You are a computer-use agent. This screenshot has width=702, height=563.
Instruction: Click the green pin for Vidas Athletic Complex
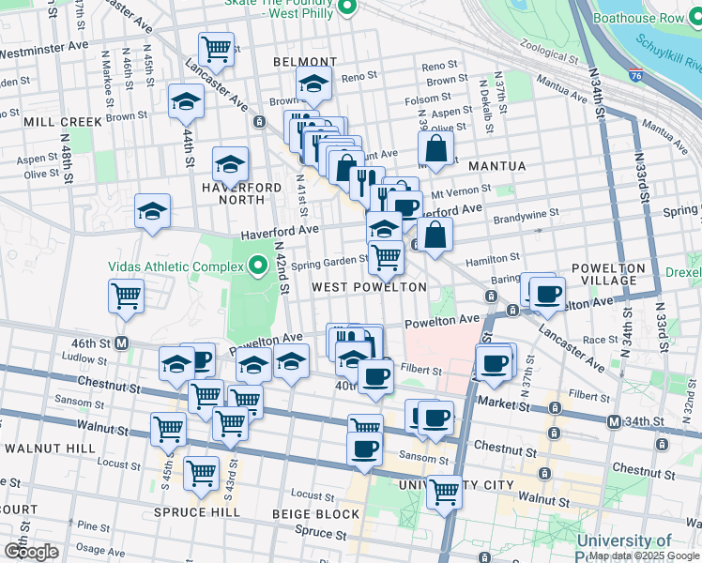pos(258,266)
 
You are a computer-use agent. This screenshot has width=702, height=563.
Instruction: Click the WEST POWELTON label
pos(369,287)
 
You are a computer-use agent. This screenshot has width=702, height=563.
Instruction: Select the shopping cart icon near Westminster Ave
pos(216,49)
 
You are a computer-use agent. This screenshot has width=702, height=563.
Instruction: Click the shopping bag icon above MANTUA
pos(435,147)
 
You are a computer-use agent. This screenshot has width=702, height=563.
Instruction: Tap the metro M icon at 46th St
pos(122,343)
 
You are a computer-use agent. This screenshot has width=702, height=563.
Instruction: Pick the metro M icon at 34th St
pos(614,422)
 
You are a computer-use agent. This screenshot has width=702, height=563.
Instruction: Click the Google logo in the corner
pos(31,551)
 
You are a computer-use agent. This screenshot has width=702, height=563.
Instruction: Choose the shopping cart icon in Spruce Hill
pos(201,474)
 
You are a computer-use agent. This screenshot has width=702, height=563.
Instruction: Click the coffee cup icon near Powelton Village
pos(547,294)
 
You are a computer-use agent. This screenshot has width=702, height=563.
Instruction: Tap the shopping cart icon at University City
pos(444,491)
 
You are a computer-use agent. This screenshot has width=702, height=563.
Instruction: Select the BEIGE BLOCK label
pos(315,514)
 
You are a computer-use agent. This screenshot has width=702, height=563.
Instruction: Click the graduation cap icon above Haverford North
pos(230,164)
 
